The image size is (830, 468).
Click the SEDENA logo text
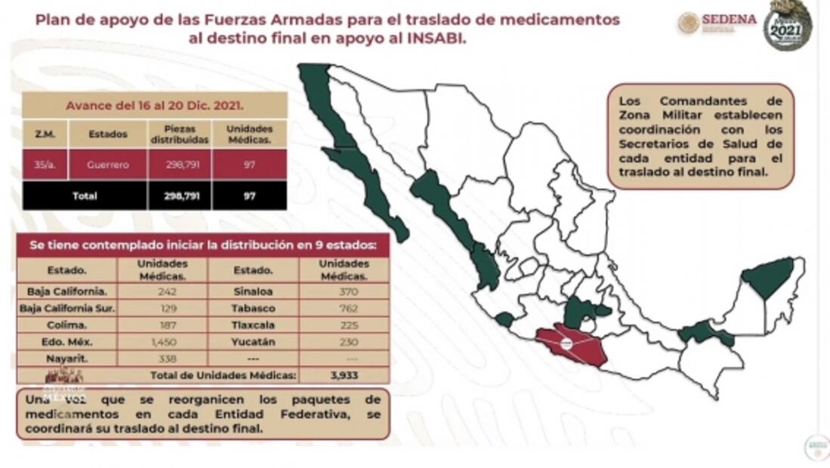[x=728, y=20]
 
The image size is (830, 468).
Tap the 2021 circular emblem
[x=787, y=24]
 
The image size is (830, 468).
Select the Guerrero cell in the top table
[x=108, y=164]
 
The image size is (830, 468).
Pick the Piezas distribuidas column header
[x=179, y=134]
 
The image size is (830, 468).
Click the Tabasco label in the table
[x=254, y=308]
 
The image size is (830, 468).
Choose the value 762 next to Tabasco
[x=344, y=308]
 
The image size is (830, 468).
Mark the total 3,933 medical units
[x=344, y=374]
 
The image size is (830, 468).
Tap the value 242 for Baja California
[x=162, y=291]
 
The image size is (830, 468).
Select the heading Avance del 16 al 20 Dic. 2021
[x=154, y=105]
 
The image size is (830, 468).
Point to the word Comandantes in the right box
[x=701, y=101]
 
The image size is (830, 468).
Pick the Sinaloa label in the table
[x=254, y=291]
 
